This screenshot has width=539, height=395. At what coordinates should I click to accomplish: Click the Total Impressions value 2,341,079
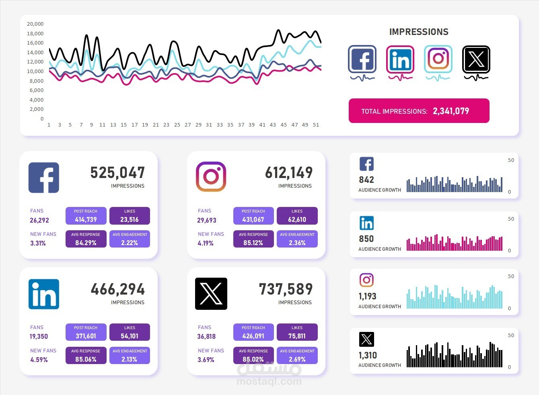point(451,111)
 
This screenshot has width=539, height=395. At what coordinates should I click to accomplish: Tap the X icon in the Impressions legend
point(476,59)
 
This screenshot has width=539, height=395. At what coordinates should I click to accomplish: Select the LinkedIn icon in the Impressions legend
point(400,59)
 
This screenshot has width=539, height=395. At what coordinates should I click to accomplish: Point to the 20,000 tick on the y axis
point(35,24)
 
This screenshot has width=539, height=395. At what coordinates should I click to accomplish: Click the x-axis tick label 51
point(316,125)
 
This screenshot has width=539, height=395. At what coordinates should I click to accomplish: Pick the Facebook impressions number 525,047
point(117,173)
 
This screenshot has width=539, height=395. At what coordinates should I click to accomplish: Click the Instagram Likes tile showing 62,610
point(297,216)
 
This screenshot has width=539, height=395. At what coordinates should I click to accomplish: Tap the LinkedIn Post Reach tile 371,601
point(86,332)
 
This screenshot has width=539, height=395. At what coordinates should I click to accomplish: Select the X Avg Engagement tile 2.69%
point(297,356)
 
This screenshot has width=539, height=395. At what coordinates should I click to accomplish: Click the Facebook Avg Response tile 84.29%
point(86,239)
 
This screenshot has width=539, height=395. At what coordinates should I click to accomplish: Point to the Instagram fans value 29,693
point(207,220)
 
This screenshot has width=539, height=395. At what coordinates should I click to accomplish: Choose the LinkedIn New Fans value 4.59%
point(39,360)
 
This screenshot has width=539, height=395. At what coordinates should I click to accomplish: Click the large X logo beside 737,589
point(211,294)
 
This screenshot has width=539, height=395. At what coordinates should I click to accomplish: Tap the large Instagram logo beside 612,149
point(211,177)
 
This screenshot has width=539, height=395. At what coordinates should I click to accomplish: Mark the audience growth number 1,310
point(368,355)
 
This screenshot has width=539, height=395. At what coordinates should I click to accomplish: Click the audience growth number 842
point(366,180)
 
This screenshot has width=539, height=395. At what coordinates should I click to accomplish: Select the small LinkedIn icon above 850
point(366,223)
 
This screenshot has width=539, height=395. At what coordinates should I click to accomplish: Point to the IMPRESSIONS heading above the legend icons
point(419,32)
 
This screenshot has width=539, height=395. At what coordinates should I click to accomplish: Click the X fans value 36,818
point(206,337)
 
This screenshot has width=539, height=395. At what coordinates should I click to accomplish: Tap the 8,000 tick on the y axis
point(36,81)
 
